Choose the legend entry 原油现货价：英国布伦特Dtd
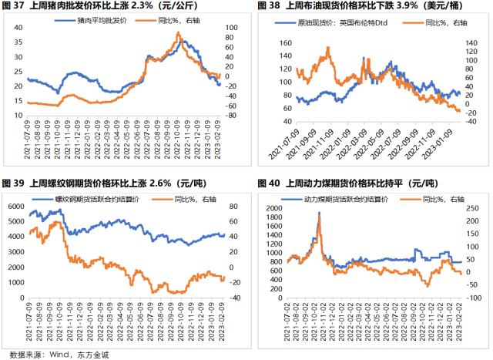point(337,24)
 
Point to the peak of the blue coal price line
point(319,213)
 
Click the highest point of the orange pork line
point(178,33)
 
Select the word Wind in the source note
point(56,354)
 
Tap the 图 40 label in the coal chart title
point(261,183)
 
